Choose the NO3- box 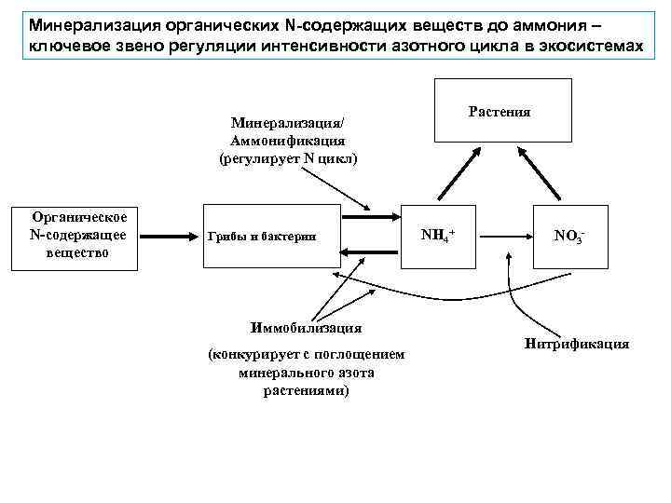tap(569, 236)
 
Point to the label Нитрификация tap(577, 344)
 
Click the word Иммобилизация tap(307, 327)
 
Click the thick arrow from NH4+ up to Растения tap(455, 172)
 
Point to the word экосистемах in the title tap(589, 46)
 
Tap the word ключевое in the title tap(66, 46)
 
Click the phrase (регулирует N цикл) tap(288, 158)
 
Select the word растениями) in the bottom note tap(307, 390)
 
